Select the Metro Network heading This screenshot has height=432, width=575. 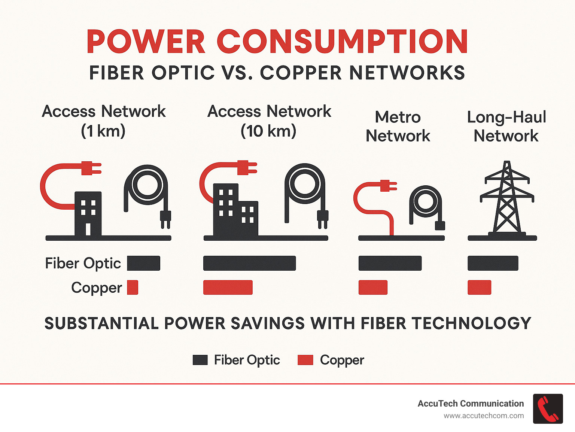[398, 127]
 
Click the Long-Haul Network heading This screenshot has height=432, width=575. [506, 127]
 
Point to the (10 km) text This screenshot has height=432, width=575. [268, 131]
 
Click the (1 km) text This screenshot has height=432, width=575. [103, 131]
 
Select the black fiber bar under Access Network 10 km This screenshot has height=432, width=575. [249, 263]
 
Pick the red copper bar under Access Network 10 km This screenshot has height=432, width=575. [228, 288]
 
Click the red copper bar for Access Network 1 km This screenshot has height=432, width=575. [133, 288]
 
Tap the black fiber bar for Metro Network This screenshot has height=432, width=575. [390, 263]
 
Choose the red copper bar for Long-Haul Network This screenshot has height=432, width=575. [479, 288]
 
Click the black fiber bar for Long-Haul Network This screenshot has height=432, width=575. [493, 263]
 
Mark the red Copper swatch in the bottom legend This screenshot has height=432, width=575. [305, 360]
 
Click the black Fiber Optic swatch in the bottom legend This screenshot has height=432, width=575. [200, 360]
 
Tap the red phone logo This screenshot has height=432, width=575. [548, 409]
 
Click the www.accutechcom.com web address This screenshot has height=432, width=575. [484, 416]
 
